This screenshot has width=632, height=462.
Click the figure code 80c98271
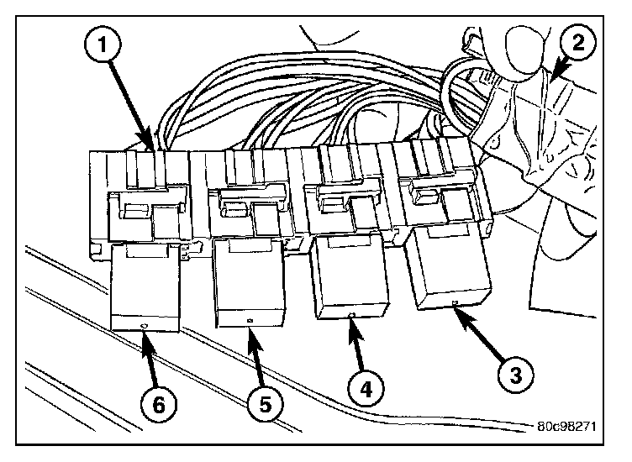[x=566, y=426]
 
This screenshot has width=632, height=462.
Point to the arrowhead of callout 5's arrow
[x=250, y=330]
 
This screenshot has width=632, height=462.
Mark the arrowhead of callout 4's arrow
[x=350, y=321]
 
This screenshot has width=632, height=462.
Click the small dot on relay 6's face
[x=144, y=323]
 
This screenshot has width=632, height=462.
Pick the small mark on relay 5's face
[x=250, y=321]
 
